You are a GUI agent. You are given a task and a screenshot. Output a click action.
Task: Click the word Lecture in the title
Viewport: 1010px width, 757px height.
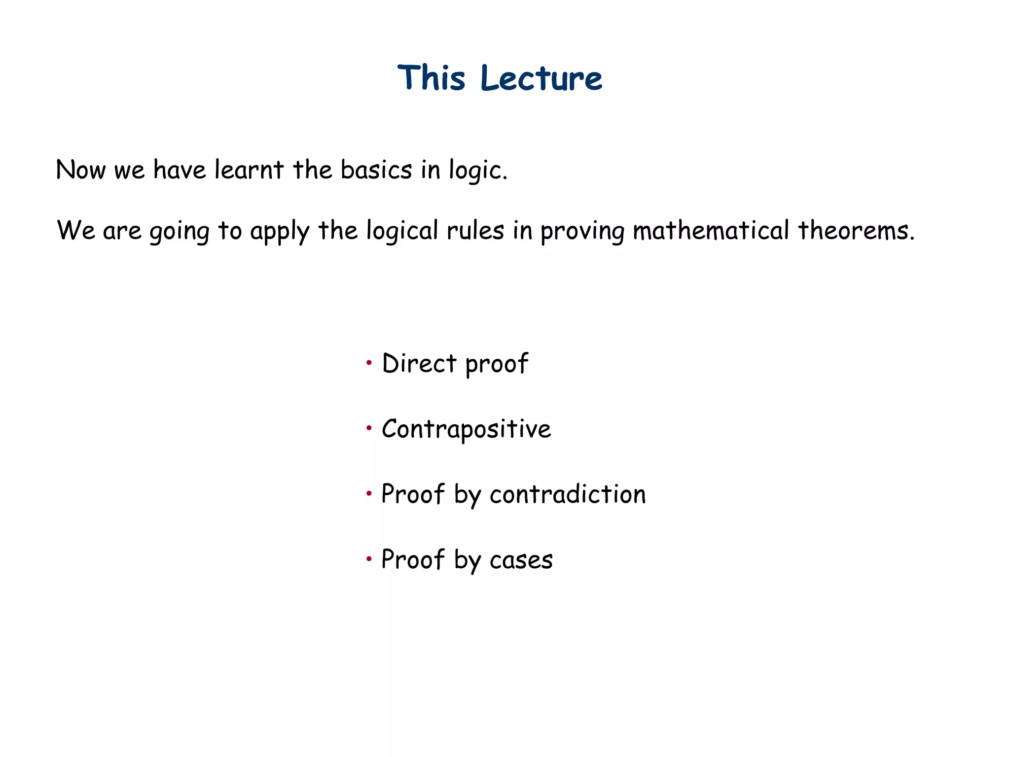(541, 78)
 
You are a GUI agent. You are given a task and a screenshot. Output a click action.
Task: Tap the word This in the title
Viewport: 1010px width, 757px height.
(431, 78)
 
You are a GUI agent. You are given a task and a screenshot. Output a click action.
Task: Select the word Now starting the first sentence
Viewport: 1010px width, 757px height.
(80, 170)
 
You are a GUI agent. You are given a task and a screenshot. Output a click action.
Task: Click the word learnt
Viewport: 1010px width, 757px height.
(249, 170)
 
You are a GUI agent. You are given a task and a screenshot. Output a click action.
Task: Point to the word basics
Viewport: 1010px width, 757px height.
(376, 170)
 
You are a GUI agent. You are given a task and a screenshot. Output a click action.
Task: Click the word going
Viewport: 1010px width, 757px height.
(180, 231)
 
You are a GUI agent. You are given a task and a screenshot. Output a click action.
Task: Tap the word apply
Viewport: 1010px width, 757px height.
(280, 231)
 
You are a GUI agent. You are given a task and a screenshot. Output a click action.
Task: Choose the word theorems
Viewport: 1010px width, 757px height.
(855, 230)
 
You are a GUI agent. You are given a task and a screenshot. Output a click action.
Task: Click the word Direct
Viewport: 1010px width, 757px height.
(419, 364)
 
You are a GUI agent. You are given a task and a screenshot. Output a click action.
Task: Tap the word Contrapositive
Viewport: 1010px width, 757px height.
(466, 429)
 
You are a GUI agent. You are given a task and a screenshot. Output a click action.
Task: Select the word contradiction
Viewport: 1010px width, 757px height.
(567, 494)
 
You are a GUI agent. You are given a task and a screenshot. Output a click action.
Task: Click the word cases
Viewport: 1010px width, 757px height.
(521, 560)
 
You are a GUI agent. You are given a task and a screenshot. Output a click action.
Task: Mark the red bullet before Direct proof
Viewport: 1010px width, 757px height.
(369, 364)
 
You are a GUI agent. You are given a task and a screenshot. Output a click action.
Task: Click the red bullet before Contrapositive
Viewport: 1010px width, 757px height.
(369, 429)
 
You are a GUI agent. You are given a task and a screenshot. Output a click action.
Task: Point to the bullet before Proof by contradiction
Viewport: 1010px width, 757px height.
(369, 493)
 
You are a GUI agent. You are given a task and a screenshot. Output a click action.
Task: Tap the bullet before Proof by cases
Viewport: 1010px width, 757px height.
(369, 559)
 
